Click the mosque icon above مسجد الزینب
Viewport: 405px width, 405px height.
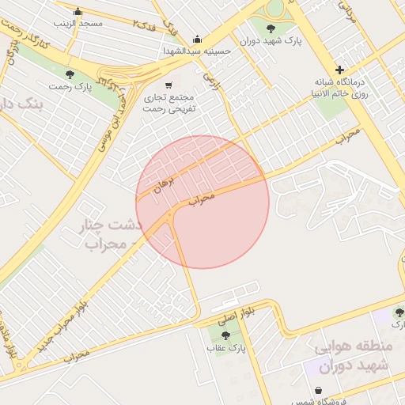78,11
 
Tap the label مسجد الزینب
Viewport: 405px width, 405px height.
78,23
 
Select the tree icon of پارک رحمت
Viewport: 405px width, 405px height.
70,74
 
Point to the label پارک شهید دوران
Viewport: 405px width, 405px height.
261,40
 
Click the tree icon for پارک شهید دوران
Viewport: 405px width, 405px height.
271,28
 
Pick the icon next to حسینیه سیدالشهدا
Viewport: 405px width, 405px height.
197,40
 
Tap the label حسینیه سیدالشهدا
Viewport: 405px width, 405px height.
197,51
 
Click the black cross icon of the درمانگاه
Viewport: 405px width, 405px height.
339,70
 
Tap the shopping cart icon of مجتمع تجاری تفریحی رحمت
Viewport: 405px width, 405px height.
168,85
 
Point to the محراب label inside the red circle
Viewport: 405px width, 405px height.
202,199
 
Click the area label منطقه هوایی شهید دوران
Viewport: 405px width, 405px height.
351,357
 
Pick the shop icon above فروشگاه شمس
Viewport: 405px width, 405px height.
318,390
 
